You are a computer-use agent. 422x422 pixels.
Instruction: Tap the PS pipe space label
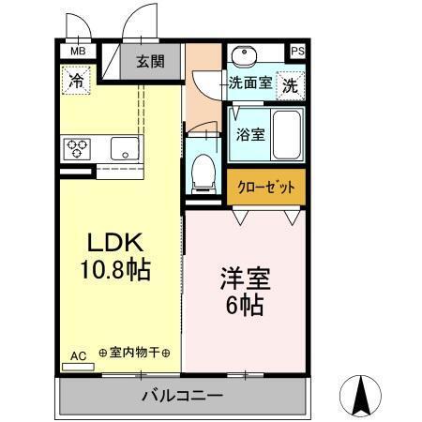297,53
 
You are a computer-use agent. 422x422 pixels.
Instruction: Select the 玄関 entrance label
149,64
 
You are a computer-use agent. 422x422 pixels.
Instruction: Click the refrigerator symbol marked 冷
76,80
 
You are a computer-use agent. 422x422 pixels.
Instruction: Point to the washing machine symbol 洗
292,83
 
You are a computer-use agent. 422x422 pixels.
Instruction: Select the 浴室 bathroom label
249,133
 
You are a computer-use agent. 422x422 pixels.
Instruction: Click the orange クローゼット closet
265,187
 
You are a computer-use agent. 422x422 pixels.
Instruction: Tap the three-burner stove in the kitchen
77,147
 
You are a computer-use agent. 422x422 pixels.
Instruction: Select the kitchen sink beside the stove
121,147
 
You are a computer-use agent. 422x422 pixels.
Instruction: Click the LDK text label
116,243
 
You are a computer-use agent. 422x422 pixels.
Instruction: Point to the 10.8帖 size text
116,270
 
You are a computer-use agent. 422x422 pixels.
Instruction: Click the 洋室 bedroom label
242,278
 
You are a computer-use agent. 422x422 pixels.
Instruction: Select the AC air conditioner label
78,355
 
